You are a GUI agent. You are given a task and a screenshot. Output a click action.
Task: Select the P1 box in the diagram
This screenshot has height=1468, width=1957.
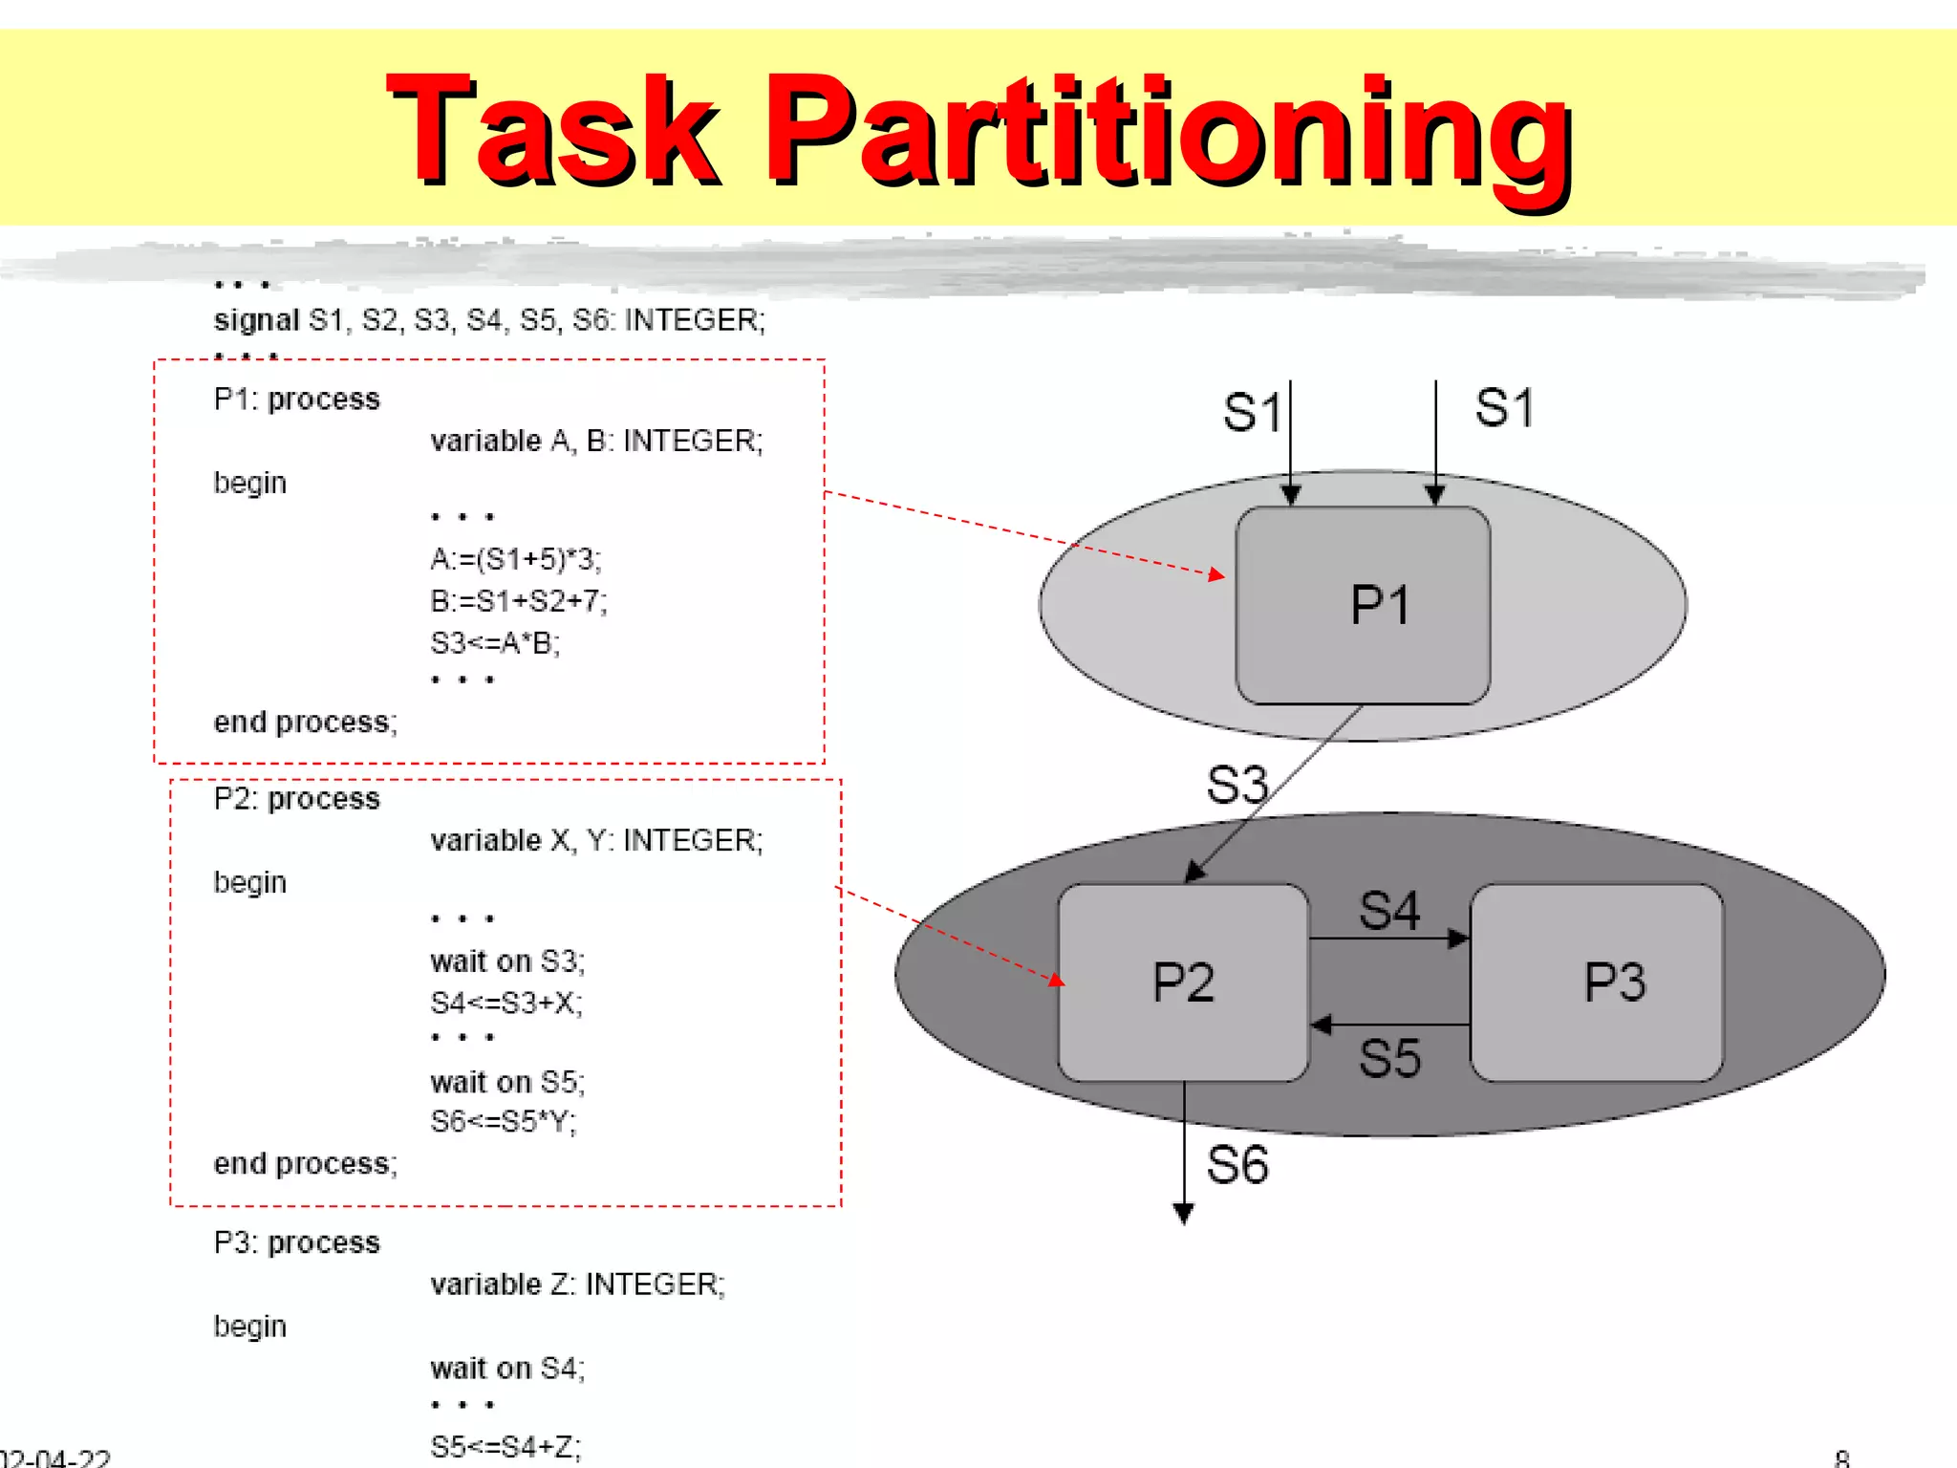(x=1364, y=605)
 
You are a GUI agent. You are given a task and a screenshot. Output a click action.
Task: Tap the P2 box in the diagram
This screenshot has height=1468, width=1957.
(x=1183, y=982)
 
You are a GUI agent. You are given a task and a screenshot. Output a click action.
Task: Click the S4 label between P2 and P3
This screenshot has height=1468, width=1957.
(x=1389, y=910)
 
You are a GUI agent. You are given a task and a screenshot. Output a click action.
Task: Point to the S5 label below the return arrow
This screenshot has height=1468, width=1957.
(x=1389, y=1059)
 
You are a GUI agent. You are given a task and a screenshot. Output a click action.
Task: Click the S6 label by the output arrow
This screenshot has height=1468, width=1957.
(x=1237, y=1165)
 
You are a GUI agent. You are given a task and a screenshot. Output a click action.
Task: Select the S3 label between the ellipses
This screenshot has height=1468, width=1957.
(x=1237, y=785)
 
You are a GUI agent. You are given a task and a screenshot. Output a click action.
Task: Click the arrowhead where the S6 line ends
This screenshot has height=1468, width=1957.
(x=1183, y=1215)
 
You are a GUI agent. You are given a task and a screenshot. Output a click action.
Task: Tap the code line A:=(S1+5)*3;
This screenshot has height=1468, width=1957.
(x=516, y=559)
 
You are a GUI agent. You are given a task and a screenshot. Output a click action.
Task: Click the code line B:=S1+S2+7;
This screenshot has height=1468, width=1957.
(x=519, y=601)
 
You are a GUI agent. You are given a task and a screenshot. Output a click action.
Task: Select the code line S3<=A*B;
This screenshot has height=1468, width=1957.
(x=495, y=643)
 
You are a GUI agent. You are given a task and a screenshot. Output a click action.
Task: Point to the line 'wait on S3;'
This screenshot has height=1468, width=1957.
(x=507, y=961)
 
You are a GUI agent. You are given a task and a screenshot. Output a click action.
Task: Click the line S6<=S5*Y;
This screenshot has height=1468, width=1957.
(x=504, y=1121)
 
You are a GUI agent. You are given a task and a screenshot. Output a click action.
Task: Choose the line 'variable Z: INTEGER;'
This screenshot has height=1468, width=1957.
(x=577, y=1284)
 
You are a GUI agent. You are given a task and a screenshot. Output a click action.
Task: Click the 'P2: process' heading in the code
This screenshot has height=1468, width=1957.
(x=296, y=798)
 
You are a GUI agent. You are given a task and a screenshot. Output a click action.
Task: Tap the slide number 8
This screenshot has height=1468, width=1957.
(x=1841, y=1458)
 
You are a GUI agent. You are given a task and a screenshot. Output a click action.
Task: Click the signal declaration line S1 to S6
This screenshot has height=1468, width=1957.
(x=489, y=319)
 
